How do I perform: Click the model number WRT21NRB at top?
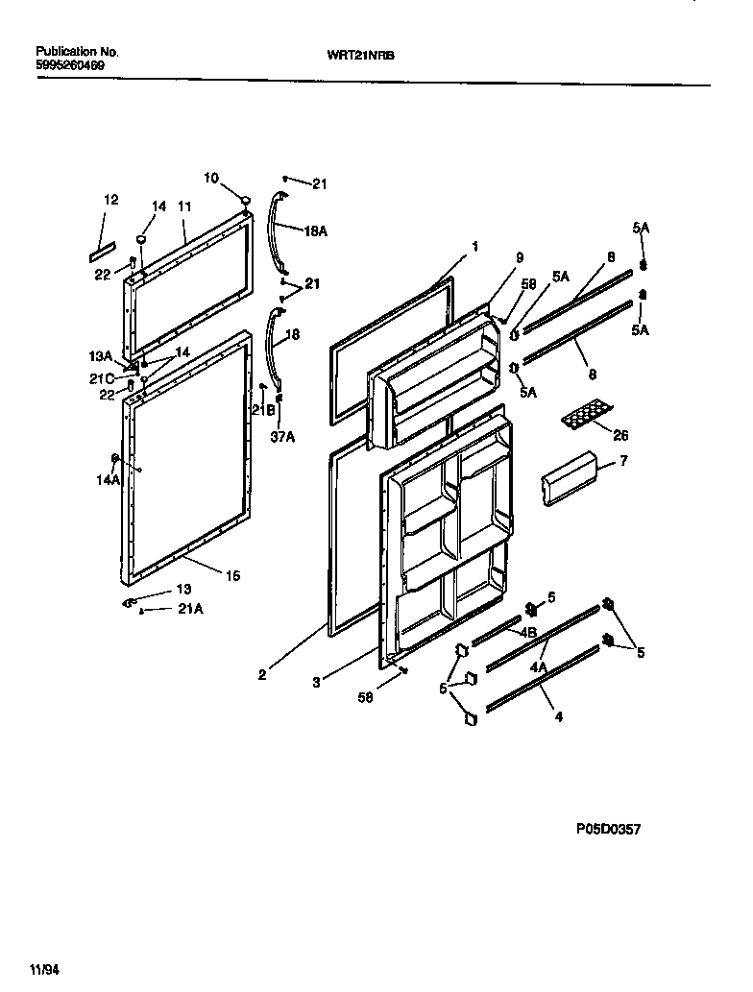(x=368, y=56)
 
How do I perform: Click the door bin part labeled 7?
(x=569, y=478)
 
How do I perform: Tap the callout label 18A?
(x=316, y=230)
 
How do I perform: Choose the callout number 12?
(x=111, y=200)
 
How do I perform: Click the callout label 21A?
(x=190, y=609)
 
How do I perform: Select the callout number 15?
(x=231, y=575)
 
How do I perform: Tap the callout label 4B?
(x=527, y=632)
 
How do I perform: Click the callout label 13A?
(x=102, y=354)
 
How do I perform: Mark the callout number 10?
(x=211, y=177)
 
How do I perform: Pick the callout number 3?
(x=316, y=683)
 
